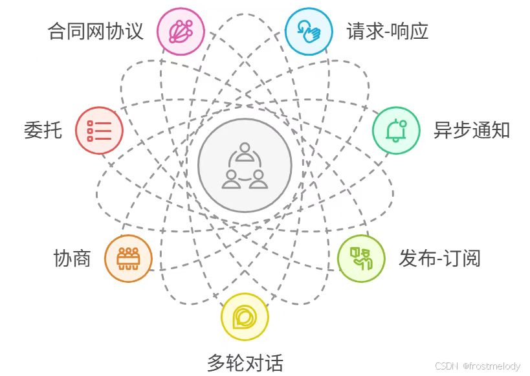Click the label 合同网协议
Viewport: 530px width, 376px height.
point(96,30)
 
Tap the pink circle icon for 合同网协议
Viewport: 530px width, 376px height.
point(181,31)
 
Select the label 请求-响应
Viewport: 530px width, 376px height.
point(388,30)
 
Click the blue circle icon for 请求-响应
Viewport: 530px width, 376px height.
point(309,31)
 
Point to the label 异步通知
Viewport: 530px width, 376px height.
point(472,130)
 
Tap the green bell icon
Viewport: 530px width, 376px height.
point(396,130)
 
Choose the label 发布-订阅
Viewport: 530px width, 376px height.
point(439,258)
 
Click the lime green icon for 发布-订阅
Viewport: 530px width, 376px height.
point(361,258)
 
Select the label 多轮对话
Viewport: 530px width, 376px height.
point(245,362)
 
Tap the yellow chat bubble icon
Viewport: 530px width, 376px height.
point(245,316)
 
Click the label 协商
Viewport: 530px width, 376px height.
point(72,258)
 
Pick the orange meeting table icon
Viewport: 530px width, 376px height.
point(128,258)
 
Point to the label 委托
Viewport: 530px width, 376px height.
point(43,130)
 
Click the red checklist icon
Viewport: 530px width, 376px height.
point(99,130)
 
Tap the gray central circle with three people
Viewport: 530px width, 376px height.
point(245,165)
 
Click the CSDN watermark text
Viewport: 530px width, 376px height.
point(446,366)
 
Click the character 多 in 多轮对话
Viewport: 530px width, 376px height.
point(216,362)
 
